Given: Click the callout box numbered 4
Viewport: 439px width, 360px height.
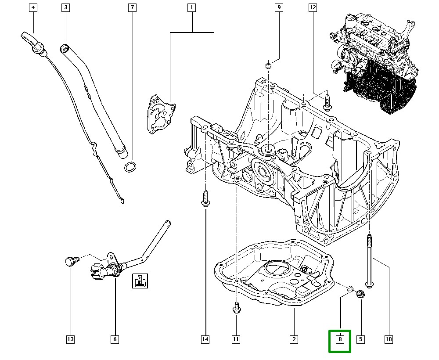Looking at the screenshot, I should point(33,7).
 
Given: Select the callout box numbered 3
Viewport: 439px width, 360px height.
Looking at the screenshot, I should point(65,7).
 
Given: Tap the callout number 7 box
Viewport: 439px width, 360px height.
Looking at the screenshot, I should point(132,7).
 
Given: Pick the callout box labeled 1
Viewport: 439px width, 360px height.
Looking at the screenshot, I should point(191,7).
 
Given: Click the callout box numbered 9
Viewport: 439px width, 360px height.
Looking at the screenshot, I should point(278,7).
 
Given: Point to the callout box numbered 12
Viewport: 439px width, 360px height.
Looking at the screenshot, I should point(312,7).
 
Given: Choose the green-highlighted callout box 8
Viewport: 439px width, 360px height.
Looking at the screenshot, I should point(340,339).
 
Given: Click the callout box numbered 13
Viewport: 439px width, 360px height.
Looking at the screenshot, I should point(70,339).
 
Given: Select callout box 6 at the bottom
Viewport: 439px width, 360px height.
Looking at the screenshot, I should point(115,339).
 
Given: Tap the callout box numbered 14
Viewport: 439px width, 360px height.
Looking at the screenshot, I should point(205,339).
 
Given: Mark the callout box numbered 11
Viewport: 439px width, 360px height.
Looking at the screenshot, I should point(236,339).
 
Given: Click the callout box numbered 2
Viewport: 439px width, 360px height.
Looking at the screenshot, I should point(293,339).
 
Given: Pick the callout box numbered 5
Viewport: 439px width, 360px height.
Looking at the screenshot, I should point(360,339).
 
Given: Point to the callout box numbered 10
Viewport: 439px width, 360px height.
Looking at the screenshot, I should point(388,339).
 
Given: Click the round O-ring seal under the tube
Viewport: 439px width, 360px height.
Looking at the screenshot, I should point(130,167).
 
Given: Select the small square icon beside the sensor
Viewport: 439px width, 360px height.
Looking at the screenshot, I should point(140,281).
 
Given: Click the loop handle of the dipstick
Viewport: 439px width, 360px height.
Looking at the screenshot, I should point(28,37).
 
